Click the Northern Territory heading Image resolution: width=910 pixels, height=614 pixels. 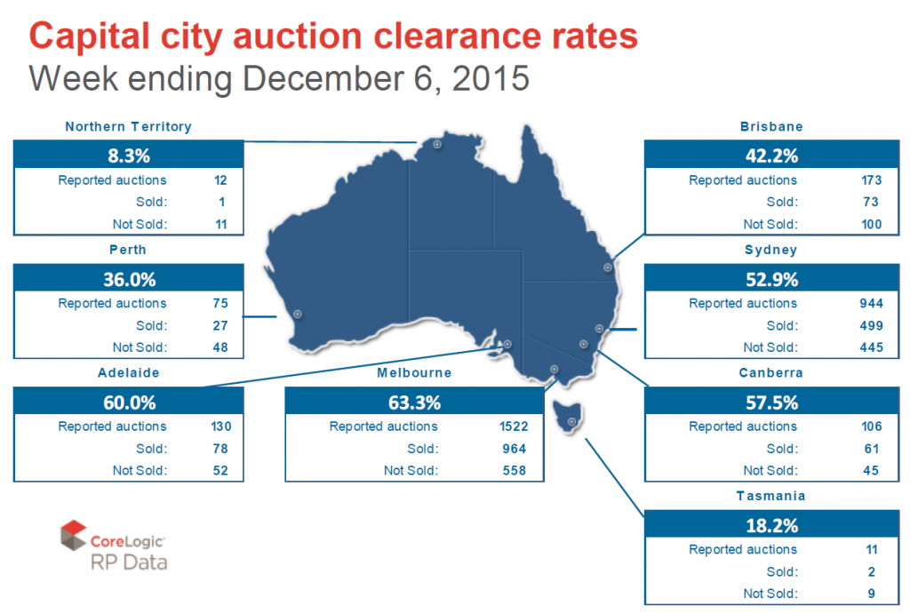(128, 126)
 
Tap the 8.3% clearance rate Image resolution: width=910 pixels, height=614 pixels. (128, 156)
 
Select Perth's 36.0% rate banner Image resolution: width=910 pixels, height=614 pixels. (128, 280)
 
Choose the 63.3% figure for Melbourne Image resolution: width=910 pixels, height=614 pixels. (414, 403)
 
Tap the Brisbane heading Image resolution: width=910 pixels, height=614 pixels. (770, 126)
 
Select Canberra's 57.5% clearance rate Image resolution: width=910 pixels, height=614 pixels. (770, 403)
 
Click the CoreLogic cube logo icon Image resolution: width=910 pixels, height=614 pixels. (73, 536)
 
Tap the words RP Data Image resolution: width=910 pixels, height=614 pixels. (128, 562)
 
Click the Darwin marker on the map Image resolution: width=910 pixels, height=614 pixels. (436, 144)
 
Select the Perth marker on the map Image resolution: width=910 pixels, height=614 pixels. (297, 314)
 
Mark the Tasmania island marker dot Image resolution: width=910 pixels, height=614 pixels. (572, 422)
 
